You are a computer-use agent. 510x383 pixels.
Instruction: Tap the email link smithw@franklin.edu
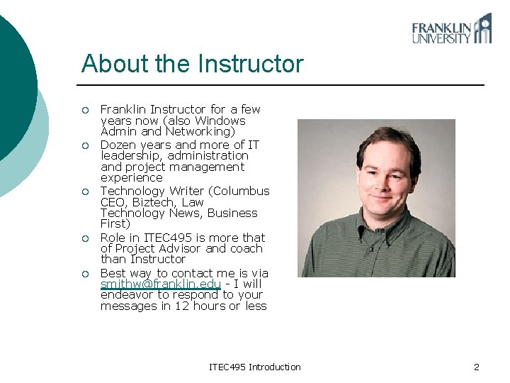[161, 284]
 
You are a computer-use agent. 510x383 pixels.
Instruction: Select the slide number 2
[477, 367]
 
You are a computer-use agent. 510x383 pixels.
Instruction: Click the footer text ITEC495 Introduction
[255, 367]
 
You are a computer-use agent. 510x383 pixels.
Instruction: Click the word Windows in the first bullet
[220, 121]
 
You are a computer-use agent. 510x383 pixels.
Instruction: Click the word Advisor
[180, 248]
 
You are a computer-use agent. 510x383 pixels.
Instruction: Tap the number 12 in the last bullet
[181, 306]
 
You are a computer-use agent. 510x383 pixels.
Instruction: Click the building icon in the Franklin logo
[483, 29]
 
